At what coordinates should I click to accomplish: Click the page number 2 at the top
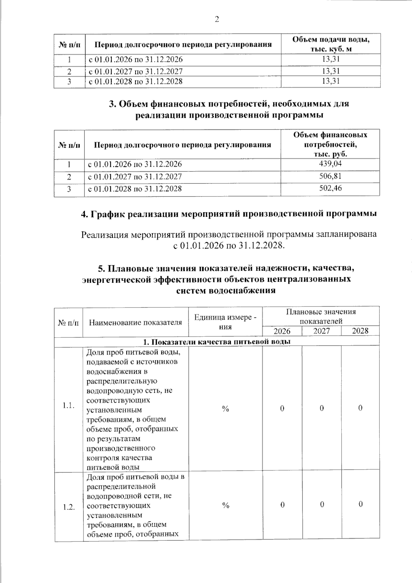click(217, 19)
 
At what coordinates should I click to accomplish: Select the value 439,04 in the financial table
click(330, 164)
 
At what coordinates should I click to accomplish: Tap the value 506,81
click(330, 176)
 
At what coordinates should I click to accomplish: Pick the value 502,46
click(330, 188)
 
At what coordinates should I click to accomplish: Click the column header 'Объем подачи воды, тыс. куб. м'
click(331, 44)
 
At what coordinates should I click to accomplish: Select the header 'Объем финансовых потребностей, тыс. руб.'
click(330, 144)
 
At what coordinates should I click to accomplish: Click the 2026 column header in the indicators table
click(282, 331)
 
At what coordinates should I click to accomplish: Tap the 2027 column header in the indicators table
click(321, 331)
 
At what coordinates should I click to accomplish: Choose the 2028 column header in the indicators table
click(360, 331)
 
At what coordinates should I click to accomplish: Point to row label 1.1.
click(69, 406)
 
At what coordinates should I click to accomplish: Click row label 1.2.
click(69, 507)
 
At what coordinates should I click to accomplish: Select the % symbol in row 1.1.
click(225, 408)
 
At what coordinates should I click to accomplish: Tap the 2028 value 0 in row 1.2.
click(360, 504)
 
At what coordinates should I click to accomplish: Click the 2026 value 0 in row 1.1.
click(282, 408)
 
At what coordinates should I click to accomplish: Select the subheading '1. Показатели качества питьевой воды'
click(217, 341)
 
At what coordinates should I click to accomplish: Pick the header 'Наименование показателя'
click(135, 322)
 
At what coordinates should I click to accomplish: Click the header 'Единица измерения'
click(225, 322)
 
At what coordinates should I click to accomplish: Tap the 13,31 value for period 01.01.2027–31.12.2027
click(331, 71)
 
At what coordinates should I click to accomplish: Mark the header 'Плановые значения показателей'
click(321, 316)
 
